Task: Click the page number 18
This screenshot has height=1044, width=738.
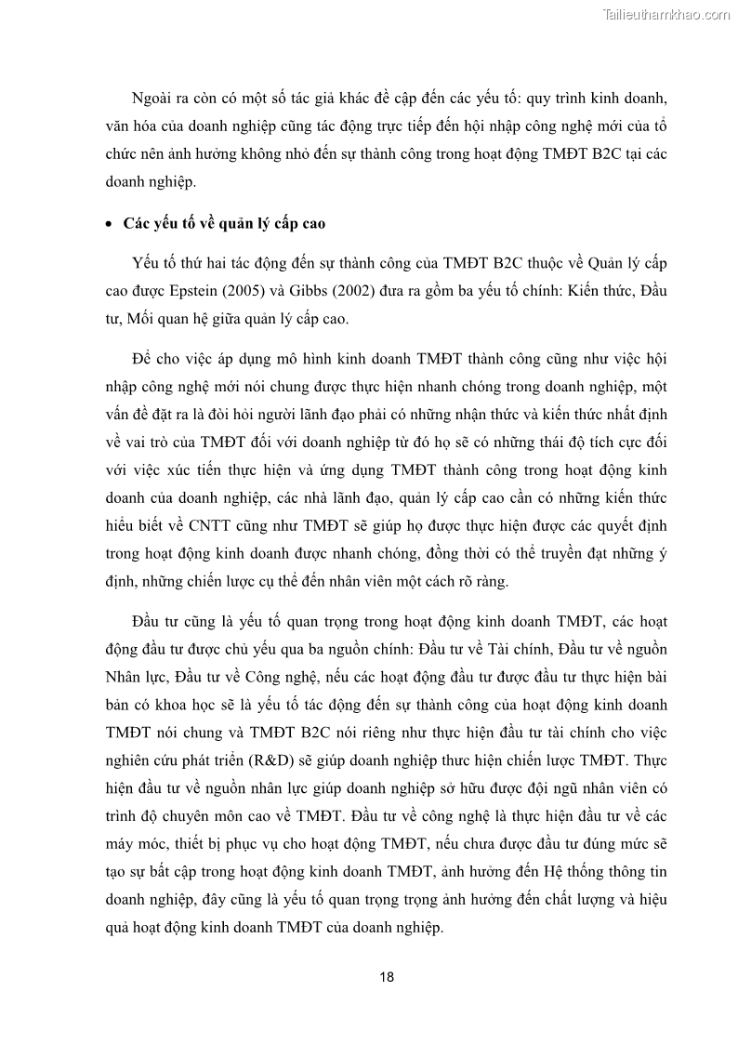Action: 387,977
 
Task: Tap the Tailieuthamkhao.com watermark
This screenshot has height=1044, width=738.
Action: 666,14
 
